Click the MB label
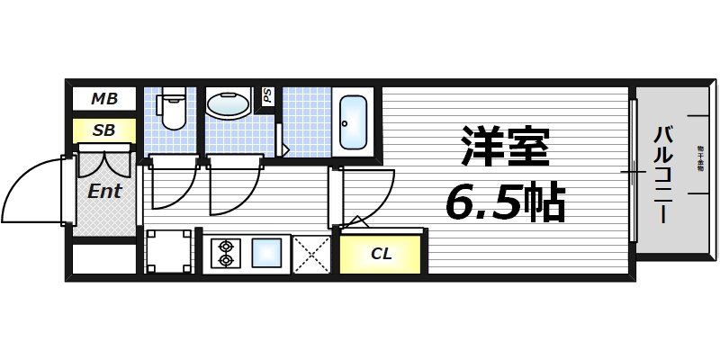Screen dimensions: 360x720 pos(103,98)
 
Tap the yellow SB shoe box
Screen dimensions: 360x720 pos(103,130)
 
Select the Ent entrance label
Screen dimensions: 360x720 pos(104,191)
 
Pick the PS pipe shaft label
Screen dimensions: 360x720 pos(267,96)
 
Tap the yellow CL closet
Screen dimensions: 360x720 pos(382,254)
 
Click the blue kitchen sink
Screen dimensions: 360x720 pos(267,252)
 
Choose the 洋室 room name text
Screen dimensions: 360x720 pos(504,148)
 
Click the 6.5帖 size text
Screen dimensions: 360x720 pos(504,203)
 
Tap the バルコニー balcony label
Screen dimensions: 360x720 pos(662,175)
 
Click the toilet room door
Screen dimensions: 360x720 pos(171,184)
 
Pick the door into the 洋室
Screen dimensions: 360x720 pos(364,193)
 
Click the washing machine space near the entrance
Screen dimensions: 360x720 pos(169,251)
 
